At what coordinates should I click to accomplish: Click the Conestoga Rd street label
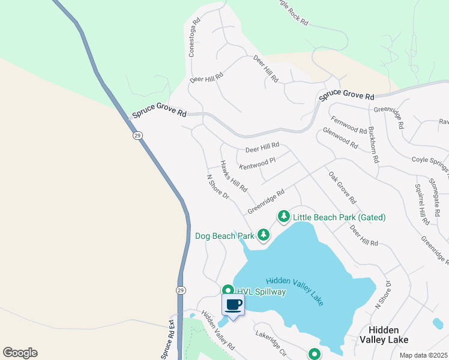point(193,41)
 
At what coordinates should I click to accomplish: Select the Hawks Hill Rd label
point(234,176)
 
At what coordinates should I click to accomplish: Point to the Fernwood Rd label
point(348,125)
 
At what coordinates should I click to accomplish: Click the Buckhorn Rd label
point(374,145)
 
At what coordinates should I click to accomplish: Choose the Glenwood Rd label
point(340,139)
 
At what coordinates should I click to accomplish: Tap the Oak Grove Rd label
point(342,187)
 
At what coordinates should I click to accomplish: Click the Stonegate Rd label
point(437,193)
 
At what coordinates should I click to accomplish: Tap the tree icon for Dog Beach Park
point(263,235)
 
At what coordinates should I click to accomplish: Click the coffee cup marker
point(234,304)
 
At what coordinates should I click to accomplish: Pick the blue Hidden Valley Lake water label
point(295,291)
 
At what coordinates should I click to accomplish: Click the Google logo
point(20,352)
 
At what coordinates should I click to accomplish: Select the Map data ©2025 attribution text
point(423,355)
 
